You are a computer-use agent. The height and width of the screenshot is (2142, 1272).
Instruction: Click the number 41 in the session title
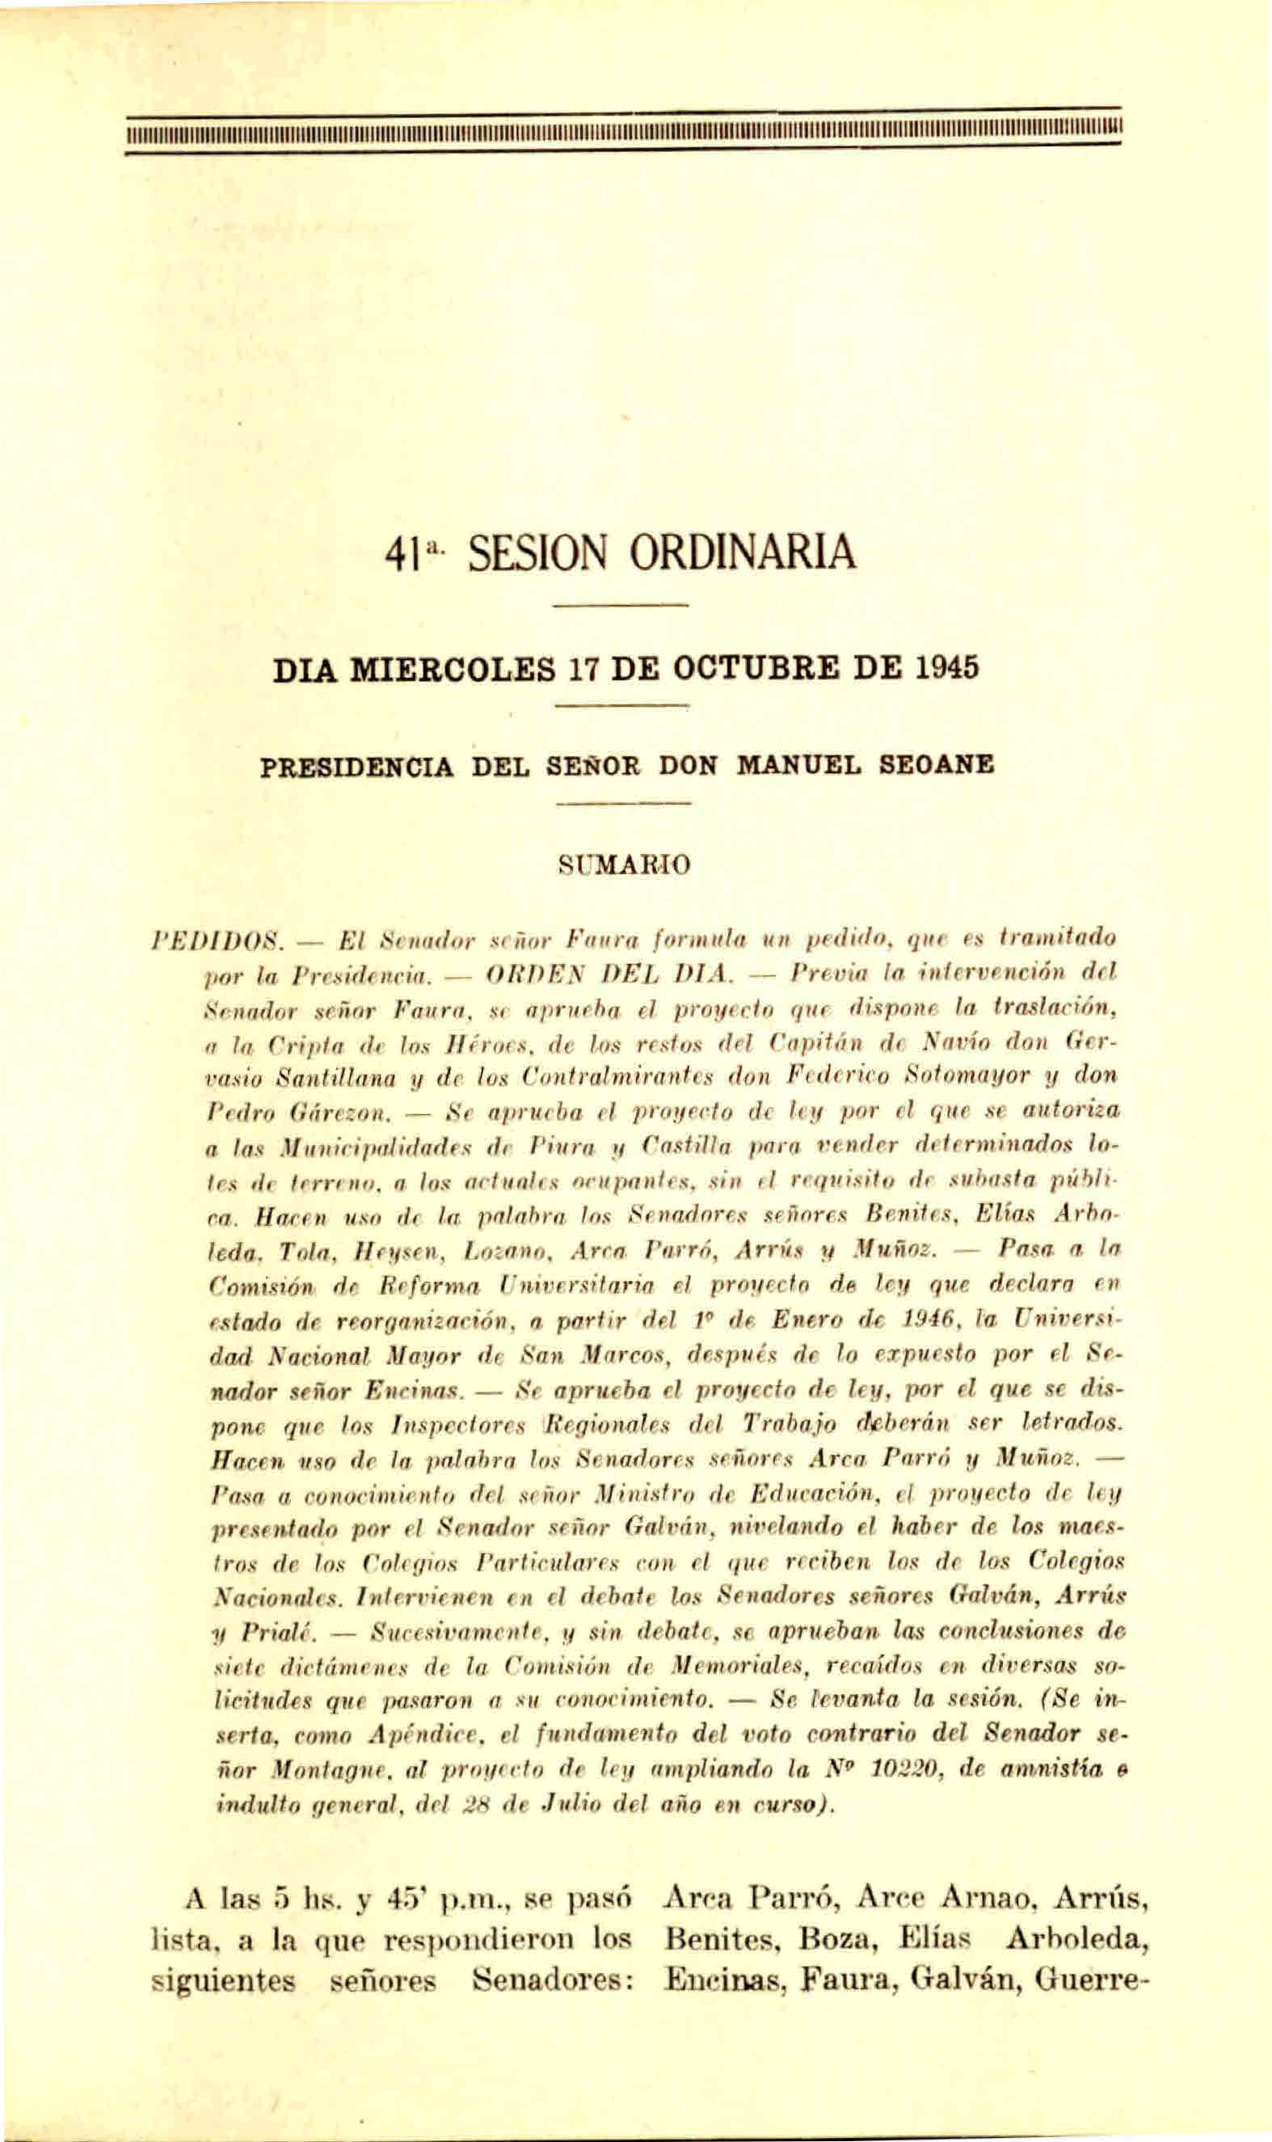402,553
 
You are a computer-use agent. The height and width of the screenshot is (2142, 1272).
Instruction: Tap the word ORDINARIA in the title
743,553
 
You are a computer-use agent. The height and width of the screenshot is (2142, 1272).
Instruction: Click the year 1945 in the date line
947,668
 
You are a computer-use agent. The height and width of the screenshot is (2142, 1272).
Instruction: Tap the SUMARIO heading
624,864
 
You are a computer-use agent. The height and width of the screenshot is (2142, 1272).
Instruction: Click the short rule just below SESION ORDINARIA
621,607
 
